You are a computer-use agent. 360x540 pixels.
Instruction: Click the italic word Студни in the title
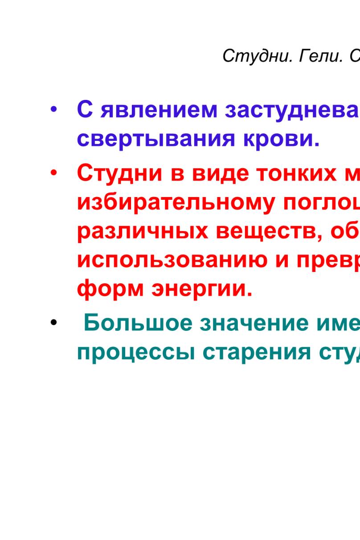258,57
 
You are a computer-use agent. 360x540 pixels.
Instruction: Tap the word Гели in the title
321,56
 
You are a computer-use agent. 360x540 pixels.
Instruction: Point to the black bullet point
53,322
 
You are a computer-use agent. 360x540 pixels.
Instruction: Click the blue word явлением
159,110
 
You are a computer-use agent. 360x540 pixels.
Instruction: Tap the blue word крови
281,139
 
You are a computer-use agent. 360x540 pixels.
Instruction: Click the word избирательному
176,204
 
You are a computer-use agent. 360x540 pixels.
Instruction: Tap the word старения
257,352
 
